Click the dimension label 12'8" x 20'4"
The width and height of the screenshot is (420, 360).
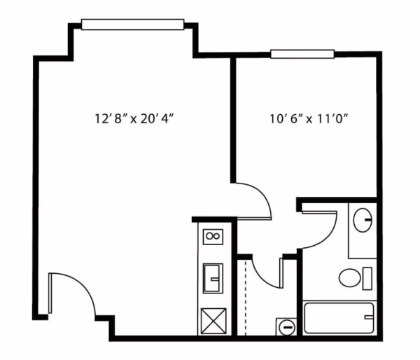point(134,118)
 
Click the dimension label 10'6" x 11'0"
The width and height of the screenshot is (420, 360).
point(309,118)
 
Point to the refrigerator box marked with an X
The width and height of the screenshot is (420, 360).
point(211,320)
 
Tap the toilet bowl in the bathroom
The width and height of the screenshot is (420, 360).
point(350,278)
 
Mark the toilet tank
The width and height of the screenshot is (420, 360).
point(368,278)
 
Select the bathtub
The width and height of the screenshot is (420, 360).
point(339,318)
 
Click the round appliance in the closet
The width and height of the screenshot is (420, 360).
point(286,326)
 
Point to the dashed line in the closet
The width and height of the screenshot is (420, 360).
point(246,294)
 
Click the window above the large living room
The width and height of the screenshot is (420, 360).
point(132,25)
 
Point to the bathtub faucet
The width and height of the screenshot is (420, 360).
point(368,318)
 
